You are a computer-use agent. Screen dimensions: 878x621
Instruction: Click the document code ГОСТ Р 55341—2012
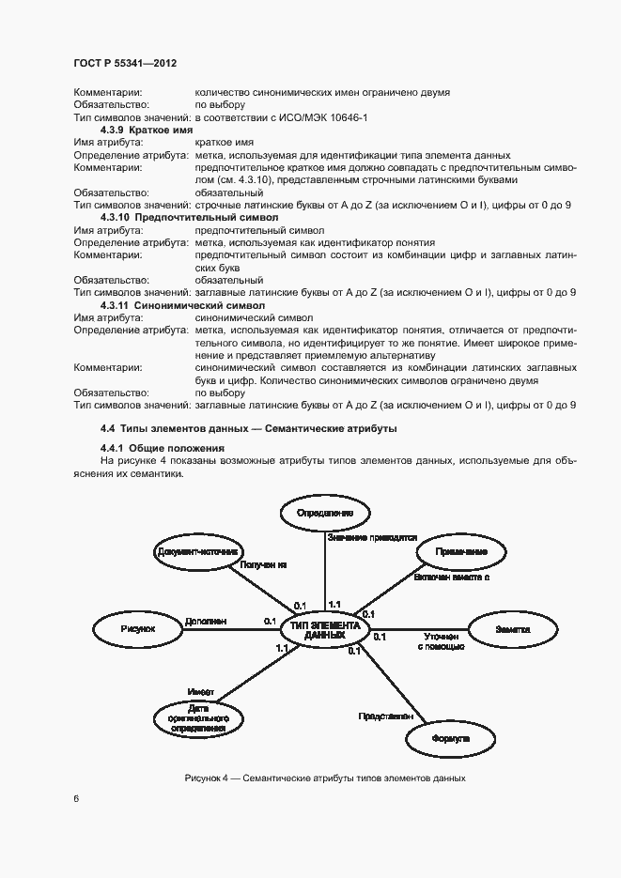click(125, 63)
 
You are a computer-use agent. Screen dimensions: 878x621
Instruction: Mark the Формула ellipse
click(450, 738)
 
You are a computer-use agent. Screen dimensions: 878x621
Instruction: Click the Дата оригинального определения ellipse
click(198, 717)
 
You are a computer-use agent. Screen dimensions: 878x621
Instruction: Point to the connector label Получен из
click(263, 566)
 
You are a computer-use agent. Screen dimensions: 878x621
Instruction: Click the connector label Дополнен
click(205, 622)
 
